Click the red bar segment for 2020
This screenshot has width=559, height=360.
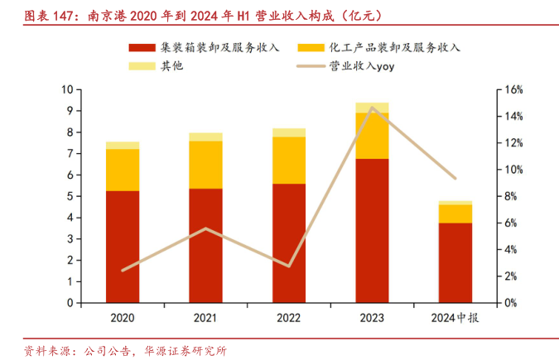pos(123,247)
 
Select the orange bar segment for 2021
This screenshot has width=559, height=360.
pos(205,165)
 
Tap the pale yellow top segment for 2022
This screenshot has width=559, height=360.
pos(289,132)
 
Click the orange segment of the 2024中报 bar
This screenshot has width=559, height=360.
pos(455,214)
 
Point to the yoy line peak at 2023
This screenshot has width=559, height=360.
pos(372,108)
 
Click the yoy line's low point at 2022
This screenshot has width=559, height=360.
pos(289,266)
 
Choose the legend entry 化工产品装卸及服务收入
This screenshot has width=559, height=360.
pos(394,47)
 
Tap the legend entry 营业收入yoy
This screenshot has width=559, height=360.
pos(360,65)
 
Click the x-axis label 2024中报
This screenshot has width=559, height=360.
pos(455,318)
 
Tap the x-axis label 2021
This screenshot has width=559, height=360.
pos(205,318)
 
